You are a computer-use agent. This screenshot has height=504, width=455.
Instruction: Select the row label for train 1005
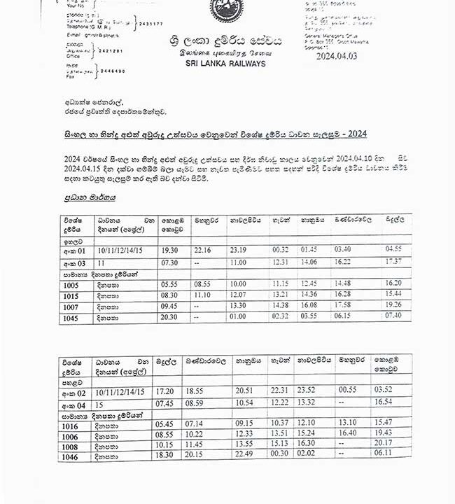point(71,285)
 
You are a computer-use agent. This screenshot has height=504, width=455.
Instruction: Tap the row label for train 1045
point(71,316)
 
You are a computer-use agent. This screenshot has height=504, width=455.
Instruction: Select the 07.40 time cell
point(393,316)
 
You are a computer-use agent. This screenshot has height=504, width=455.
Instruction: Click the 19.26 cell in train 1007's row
point(393,306)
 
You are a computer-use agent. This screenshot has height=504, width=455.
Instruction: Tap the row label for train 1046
point(69,456)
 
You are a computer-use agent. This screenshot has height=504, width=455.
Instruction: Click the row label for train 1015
point(71,295)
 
